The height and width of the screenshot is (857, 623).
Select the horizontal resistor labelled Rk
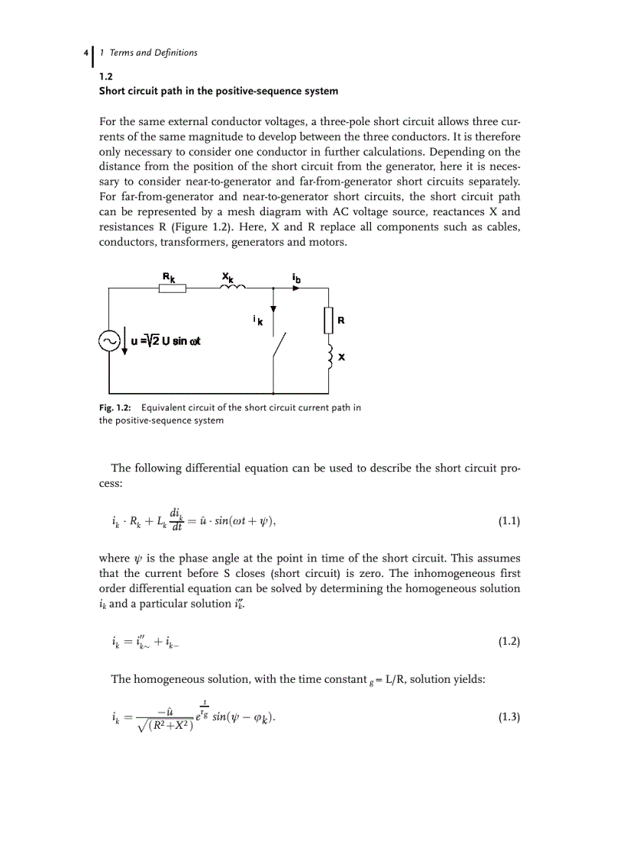[x=172, y=288]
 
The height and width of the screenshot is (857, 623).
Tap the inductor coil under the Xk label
[x=232, y=287]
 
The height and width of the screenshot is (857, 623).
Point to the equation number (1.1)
[x=508, y=523]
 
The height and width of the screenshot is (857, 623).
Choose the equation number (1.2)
[x=508, y=642]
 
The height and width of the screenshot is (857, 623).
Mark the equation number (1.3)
[x=508, y=717]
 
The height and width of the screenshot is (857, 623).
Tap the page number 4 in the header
[x=84, y=53]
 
